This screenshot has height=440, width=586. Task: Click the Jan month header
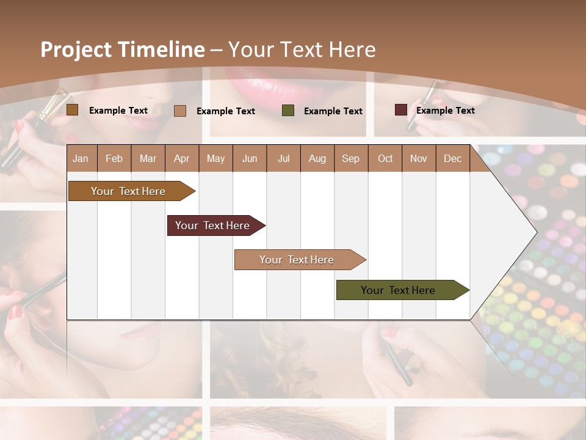coord(81,159)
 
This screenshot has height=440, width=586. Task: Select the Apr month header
coord(182,159)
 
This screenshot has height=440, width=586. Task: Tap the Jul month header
coord(284,159)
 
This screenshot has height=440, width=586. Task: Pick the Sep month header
coord(350,159)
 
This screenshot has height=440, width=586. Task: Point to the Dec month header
coord(452,159)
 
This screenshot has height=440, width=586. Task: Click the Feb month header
coord(114,159)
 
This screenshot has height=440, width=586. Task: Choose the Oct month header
coord(385,159)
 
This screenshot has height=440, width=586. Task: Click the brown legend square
coord(72,110)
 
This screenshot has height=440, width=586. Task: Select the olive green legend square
coord(288,111)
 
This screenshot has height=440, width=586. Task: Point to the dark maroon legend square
coord(400,110)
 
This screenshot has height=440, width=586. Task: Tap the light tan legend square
coord(180,111)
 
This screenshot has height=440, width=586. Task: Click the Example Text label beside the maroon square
coord(445,111)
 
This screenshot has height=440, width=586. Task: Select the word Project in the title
coord(76,50)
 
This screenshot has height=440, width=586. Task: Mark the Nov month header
coord(419,159)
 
